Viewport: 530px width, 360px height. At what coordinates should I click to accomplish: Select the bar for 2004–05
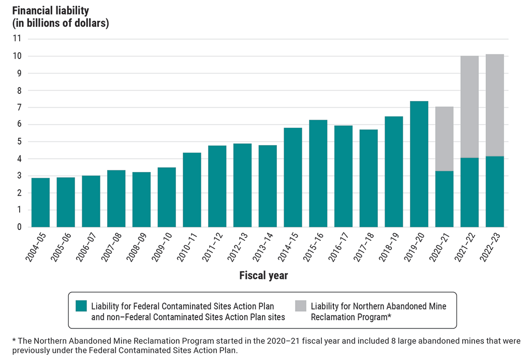[40, 203]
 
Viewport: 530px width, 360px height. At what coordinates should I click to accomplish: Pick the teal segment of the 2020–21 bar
[444, 199]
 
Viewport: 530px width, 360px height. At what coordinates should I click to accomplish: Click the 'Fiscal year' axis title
[263, 276]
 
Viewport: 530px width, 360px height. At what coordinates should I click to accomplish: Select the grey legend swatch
[300, 306]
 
